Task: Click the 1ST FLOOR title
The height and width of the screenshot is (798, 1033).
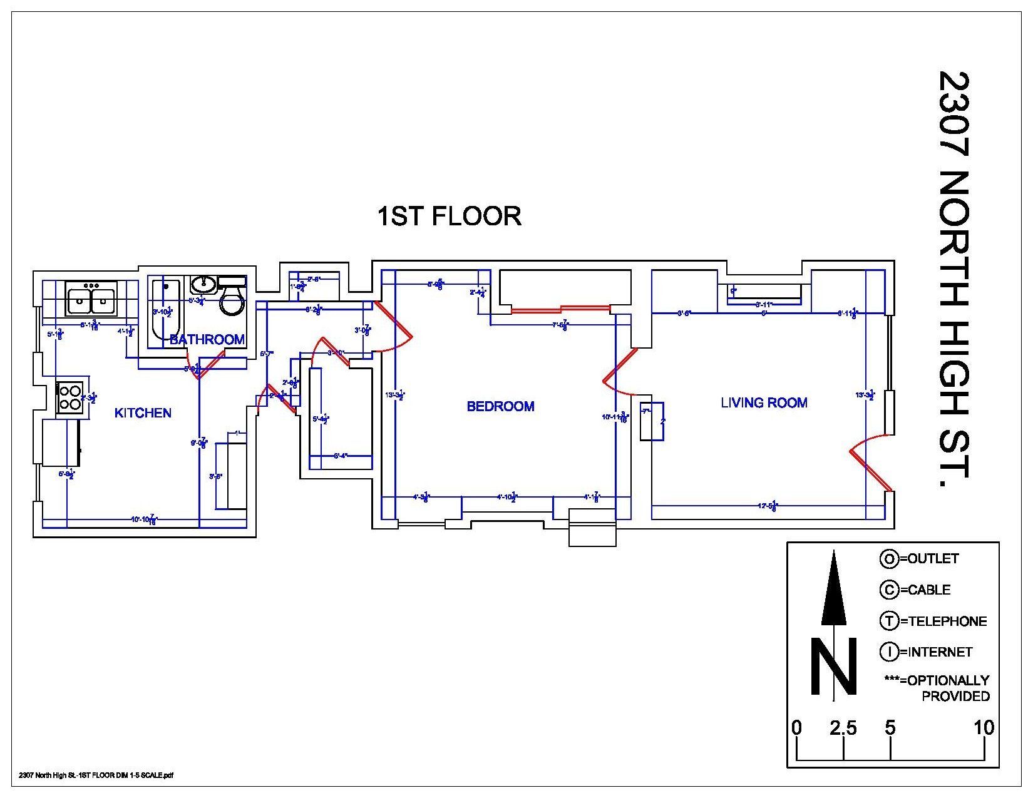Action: pyautogui.click(x=448, y=216)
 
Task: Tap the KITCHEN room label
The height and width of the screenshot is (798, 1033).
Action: pyautogui.click(x=143, y=412)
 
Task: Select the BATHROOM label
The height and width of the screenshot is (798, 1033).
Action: pyautogui.click(x=207, y=339)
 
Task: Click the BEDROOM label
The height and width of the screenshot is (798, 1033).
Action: pyautogui.click(x=500, y=406)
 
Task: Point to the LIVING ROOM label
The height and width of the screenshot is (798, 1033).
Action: pyautogui.click(x=764, y=402)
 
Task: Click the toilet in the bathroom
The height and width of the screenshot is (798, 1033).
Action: pyautogui.click(x=232, y=301)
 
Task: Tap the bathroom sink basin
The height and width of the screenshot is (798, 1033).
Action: pyautogui.click(x=203, y=284)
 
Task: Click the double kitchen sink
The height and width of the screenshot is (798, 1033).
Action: pyautogui.click(x=91, y=299)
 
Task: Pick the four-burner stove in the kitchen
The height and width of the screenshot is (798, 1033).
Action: pyautogui.click(x=69, y=397)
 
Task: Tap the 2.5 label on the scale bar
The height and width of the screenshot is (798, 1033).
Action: pyautogui.click(x=843, y=727)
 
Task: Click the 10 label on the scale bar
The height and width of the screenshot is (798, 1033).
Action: pyautogui.click(x=984, y=727)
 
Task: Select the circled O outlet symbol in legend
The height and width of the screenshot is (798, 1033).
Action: pyautogui.click(x=888, y=559)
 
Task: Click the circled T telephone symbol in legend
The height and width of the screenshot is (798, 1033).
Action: pyautogui.click(x=888, y=621)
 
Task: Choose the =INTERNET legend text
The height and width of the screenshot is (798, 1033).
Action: pyautogui.click(x=936, y=652)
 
